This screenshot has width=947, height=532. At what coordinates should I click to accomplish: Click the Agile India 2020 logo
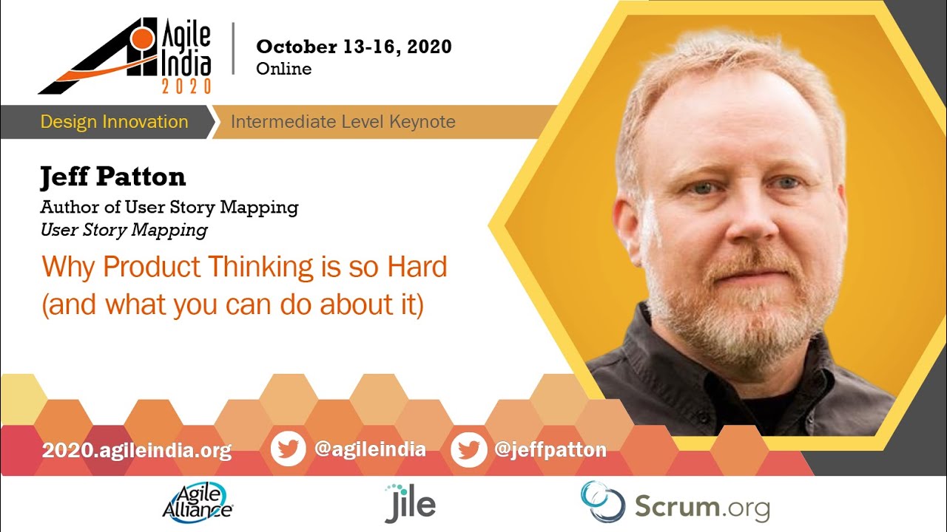(x=126, y=56)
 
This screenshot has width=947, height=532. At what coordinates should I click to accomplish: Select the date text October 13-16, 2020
(x=354, y=47)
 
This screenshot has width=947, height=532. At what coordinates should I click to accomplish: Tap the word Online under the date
(x=283, y=69)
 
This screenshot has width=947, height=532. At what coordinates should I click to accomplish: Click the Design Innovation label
(x=114, y=122)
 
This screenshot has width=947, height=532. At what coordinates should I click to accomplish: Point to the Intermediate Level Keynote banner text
(x=343, y=122)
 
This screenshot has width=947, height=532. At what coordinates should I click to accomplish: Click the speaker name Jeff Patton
(x=112, y=177)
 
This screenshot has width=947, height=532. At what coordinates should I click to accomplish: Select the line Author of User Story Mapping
(x=169, y=207)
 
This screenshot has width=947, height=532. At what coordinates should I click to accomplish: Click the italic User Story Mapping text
(x=124, y=230)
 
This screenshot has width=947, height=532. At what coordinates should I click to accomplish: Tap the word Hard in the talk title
(x=417, y=267)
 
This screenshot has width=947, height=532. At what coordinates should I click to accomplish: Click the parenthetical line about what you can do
(x=232, y=305)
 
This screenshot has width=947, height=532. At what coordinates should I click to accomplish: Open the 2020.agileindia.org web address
(x=137, y=450)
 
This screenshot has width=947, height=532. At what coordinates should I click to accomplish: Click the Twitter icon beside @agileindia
(x=288, y=449)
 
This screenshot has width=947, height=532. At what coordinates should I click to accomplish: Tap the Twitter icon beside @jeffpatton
(x=468, y=449)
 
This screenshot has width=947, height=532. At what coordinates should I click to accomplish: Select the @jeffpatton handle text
(x=550, y=449)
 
